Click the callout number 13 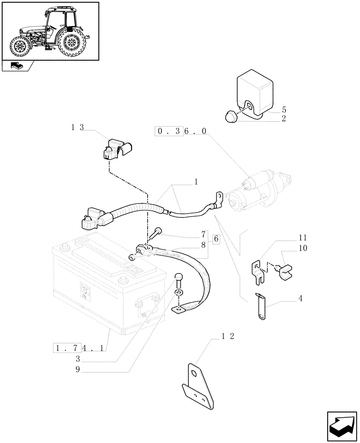pyautogui.click(x=77, y=128)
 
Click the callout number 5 pyautogui.click(x=283, y=109)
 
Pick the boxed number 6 pyautogui.click(x=216, y=239)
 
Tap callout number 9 pyautogui.click(x=78, y=370)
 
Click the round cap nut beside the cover pyautogui.click(x=232, y=116)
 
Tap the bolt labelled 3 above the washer pyautogui.click(x=179, y=280)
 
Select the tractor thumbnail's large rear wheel pyautogui.click(x=71, y=43)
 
